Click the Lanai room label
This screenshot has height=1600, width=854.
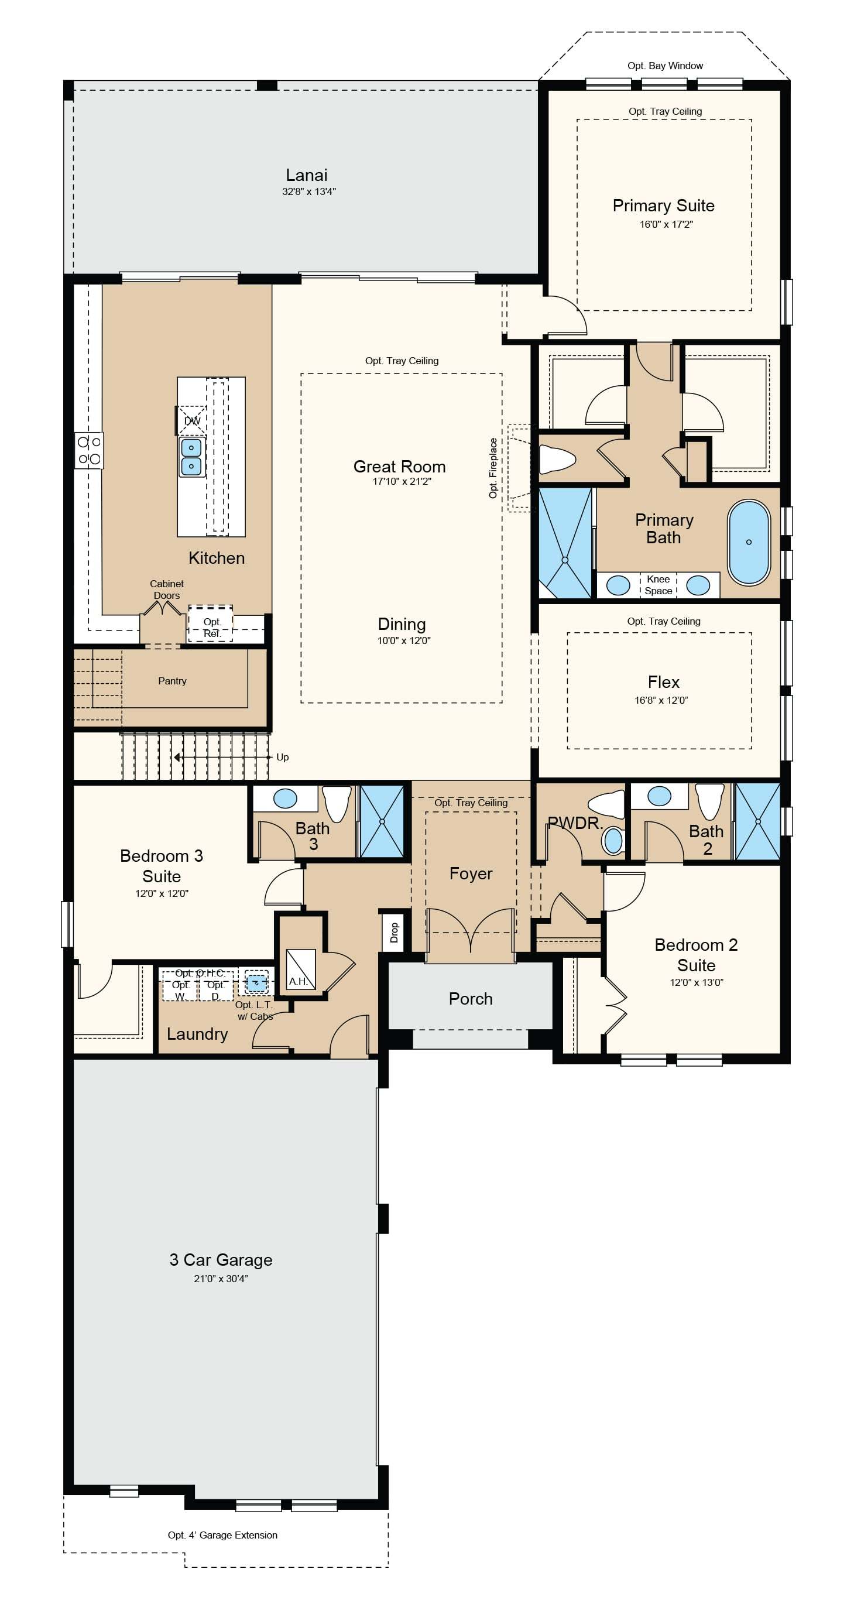click(306, 175)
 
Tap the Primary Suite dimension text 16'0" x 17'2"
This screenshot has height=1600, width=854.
click(666, 224)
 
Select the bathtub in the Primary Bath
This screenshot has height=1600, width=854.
click(749, 542)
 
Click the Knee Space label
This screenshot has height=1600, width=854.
click(658, 585)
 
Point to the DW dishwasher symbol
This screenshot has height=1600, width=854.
click(192, 420)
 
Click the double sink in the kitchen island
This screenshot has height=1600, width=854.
click(191, 457)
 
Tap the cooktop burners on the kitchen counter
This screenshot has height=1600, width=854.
click(89, 450)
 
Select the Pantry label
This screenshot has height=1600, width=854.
click(172, 681)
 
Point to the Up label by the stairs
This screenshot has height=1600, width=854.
click(283, 757)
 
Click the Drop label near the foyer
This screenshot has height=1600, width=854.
click(394, 931)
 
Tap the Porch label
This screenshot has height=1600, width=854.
click(471, 999)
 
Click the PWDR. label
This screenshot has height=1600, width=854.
click(575, 824)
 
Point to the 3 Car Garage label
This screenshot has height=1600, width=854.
click(221, 1260)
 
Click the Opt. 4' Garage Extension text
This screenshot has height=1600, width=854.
click(222, 1535)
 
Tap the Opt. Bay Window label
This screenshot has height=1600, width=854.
click(665, 66)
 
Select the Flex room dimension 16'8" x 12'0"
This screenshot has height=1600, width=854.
click(661, 700)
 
